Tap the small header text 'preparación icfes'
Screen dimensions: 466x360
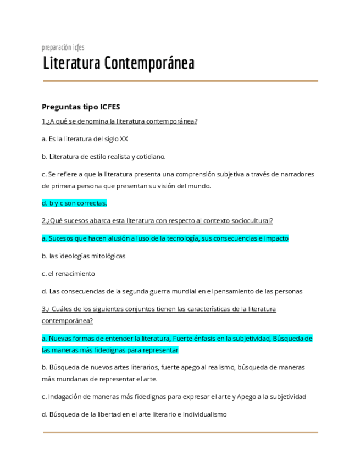(63, 47)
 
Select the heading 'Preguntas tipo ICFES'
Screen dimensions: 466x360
(81, 107)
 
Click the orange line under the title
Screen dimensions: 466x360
(180, 81)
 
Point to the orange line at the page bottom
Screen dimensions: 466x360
(180, 432)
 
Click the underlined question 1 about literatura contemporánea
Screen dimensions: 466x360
(119, 121)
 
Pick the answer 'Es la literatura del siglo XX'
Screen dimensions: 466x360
(85, 139)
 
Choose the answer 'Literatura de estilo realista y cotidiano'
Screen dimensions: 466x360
(103, 157)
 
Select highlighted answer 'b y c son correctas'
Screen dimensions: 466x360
(74, 203)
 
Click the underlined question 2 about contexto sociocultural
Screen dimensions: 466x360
(157, 221)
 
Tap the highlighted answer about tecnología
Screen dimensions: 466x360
(165, 238)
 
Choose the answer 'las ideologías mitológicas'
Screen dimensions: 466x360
(84, 256)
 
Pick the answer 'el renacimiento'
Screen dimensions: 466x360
(68, 274)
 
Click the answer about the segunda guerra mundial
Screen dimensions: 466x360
(171, 291)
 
